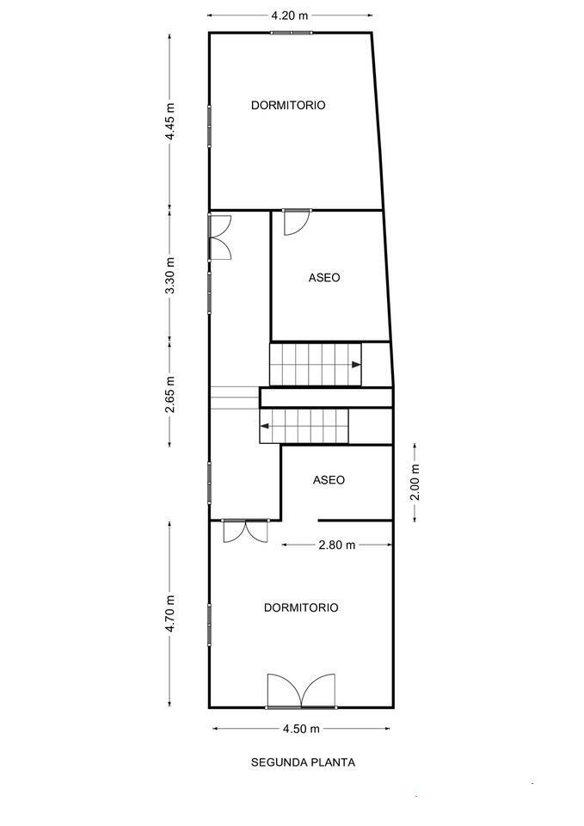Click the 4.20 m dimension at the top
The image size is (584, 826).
coord(289,15)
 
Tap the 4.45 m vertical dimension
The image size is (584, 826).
coord(170,121)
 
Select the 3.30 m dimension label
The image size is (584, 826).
coord(170,276)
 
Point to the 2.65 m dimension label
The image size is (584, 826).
coord(170,392)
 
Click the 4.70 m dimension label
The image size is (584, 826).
coord(170,614)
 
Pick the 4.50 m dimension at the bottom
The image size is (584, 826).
coord(301,729)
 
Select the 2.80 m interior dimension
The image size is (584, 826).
coord(336,545)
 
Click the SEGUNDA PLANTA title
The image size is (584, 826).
coord(303,761)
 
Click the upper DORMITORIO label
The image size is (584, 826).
coord(288,105)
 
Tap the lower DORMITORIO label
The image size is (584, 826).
coord(301,607)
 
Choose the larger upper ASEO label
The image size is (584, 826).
coord(324,278)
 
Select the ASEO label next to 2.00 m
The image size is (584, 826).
coord(329,480)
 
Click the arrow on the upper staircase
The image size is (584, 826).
coord(355,364)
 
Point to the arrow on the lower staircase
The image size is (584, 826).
coord(267,424)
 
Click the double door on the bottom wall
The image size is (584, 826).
coord(301,691)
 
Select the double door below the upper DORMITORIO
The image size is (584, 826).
coord(220,237)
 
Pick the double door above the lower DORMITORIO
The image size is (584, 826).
coord(245,531)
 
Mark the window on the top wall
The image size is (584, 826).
coord(291,33)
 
